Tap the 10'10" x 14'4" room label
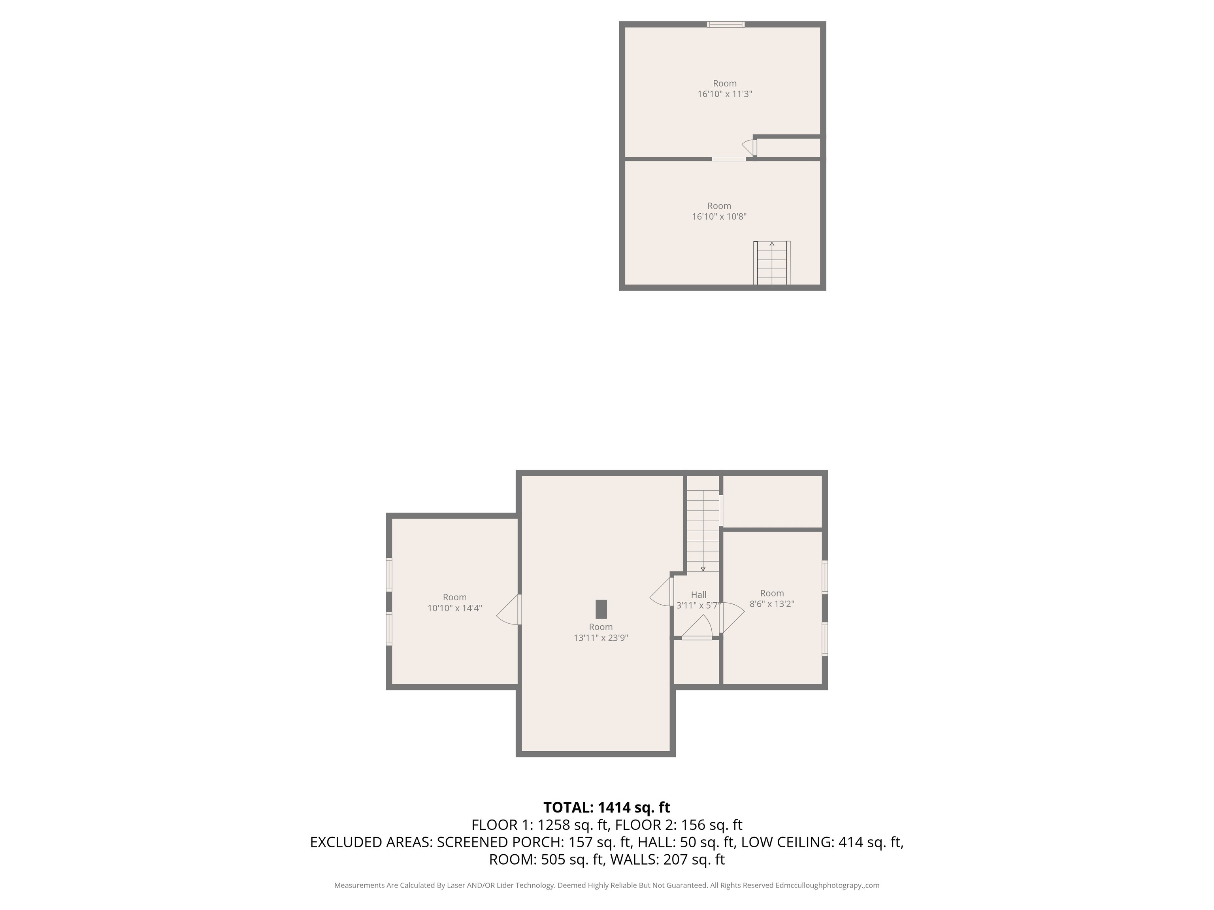click(454, 608)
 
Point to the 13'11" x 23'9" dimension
click(600, 638)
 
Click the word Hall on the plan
click(699, 594)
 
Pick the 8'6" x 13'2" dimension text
click(772, 604)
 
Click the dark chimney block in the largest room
click(601, 609)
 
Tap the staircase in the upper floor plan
click(772, 263)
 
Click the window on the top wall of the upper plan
click(726, 24)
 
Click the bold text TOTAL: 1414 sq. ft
click(607, 807)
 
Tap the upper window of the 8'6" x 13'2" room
click(824, 577)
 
